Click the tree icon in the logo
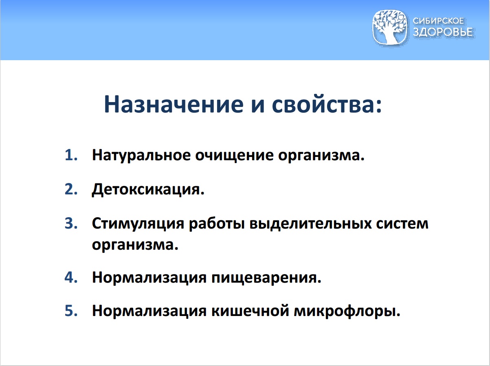click(x=390, y=27)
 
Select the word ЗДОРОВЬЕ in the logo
click(x=443, y=33)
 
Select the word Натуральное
click(x=138, y=155)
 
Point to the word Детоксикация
click(x=148, y=190)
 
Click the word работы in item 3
click(x=214, y=224)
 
